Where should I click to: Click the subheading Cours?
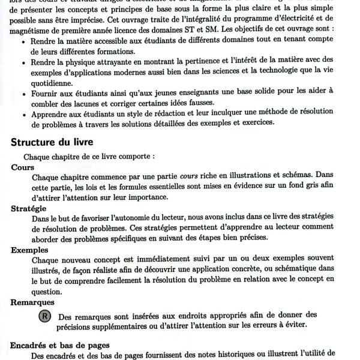click(23, 167)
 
